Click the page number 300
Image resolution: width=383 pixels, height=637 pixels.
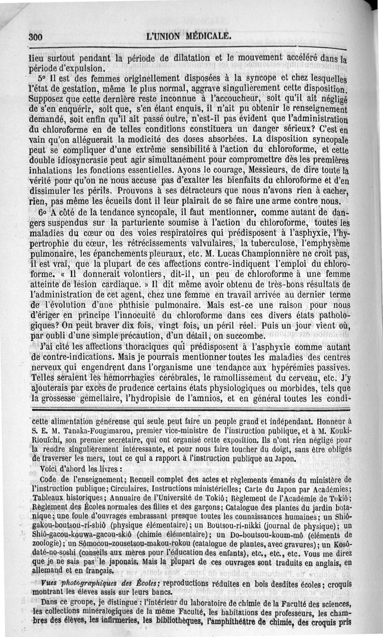36,36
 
